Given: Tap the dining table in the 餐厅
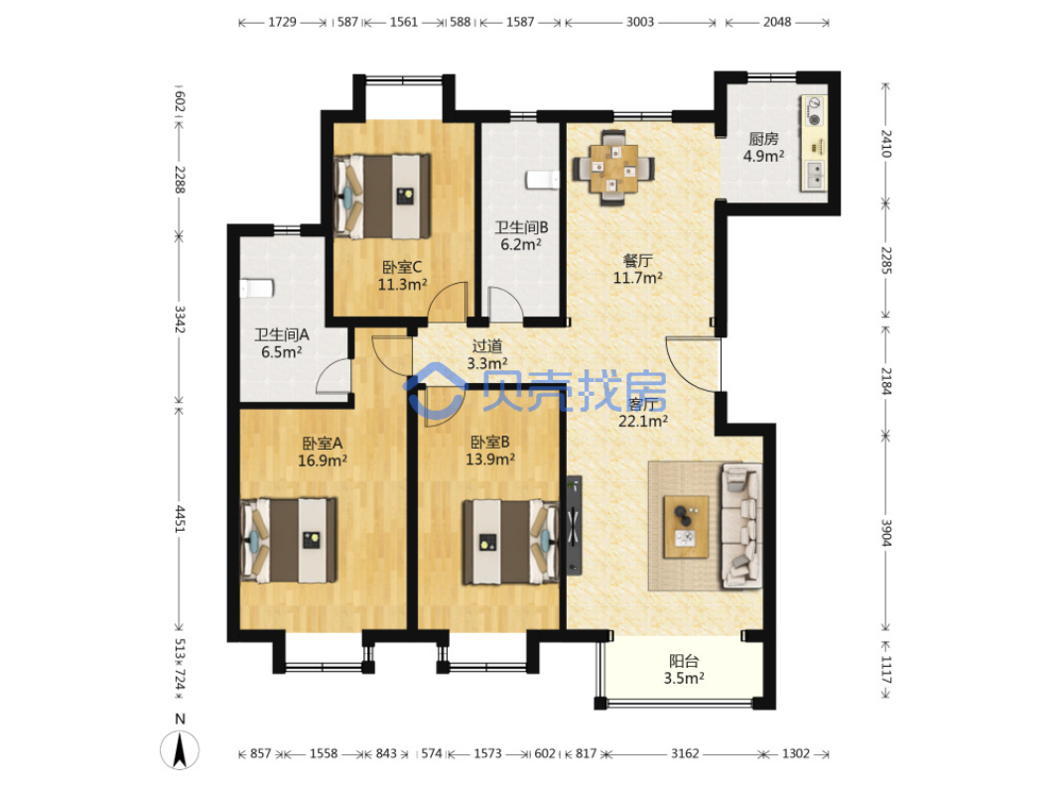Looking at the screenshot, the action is [613, 168].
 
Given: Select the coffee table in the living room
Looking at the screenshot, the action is [686, 527].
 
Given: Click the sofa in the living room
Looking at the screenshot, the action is [741, 525].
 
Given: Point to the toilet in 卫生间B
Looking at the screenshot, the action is [542, 180].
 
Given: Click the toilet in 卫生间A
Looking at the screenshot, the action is [256, 289].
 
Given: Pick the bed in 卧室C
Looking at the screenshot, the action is [383, 197].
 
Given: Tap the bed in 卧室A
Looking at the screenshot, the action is [289, 540].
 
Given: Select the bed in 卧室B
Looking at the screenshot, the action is [511, 542].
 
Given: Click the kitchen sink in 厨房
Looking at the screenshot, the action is [814, 175].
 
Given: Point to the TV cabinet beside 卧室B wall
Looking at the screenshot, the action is [574, 524].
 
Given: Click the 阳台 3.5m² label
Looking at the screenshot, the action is [684, 670].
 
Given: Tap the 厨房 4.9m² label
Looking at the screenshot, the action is [764, 147].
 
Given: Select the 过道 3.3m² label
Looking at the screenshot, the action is [487, 355].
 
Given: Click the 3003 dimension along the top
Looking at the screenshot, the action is [640, 22].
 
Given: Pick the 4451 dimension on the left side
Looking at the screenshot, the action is [180, 518].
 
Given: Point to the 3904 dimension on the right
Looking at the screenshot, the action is [885, 533].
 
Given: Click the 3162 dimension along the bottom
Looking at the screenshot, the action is [685, 753].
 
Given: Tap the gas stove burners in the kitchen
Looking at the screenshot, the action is [814, 112].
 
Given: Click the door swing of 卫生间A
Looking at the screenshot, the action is [333, 376].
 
